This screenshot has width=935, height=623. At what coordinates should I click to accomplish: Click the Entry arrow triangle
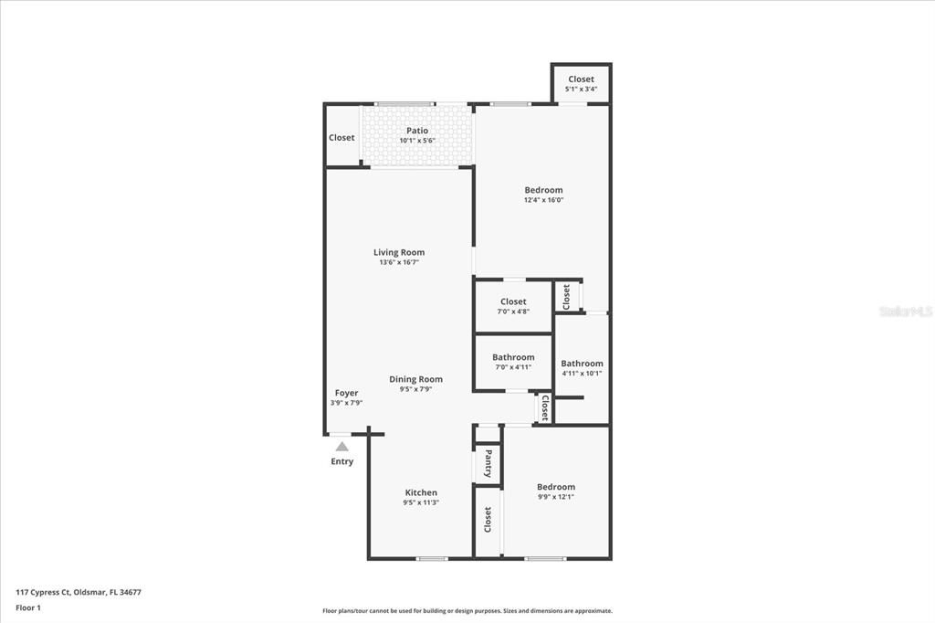point(341,447)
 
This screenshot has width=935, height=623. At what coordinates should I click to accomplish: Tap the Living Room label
point(399,252)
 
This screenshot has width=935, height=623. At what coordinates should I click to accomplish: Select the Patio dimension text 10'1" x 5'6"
point(417,141)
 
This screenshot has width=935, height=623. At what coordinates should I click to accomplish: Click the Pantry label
point(489,462)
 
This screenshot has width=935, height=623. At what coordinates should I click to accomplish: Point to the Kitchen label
point(421,492)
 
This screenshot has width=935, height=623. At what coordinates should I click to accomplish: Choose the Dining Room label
point(415,379)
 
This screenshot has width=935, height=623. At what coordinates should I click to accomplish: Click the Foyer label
point(346,393)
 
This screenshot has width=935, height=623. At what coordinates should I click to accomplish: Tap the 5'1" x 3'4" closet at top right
point(581,83)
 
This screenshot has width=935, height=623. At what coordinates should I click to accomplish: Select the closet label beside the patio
point(341,138)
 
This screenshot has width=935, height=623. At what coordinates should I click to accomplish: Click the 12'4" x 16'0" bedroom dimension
point(543,200)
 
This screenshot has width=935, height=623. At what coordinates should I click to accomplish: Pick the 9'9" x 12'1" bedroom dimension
point(556,497)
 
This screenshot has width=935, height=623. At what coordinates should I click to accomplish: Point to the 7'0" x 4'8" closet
point(513,306)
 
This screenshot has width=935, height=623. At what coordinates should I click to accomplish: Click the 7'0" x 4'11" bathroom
point(513,362)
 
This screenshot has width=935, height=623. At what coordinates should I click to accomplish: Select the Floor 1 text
point(28,607)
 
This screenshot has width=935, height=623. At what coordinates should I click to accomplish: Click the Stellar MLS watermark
point(906,311)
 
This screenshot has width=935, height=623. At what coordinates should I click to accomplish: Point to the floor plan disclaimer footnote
point(467,611)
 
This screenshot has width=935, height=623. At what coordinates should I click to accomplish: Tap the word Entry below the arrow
point(341,461)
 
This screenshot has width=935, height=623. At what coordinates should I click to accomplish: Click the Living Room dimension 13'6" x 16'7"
point(399,262)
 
